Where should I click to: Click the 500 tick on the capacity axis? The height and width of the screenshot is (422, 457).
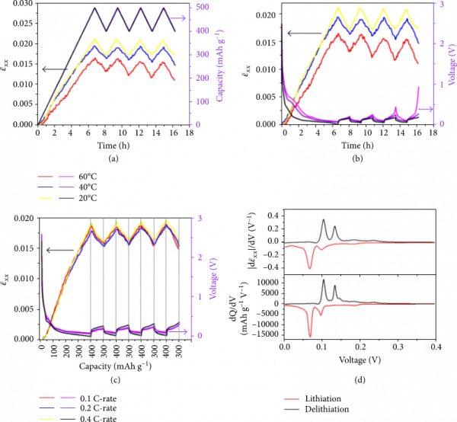[x=197, y=7]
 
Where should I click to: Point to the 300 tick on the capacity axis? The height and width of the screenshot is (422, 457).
[x=197, y=54]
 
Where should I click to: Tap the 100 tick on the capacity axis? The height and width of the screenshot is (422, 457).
[x=197, y=101]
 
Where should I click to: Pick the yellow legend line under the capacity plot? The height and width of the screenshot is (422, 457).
[x=46, y=198]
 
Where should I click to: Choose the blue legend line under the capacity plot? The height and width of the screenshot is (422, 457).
[x=46, y=187]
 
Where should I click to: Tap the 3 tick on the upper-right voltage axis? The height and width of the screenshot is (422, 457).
[x=440, y=5]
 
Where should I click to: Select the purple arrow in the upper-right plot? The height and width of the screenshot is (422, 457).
[x=427, y=110]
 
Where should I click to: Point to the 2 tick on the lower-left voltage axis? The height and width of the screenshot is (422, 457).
[x=197, y=257]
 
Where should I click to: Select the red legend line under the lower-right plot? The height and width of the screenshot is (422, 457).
[x=291, y=398]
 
